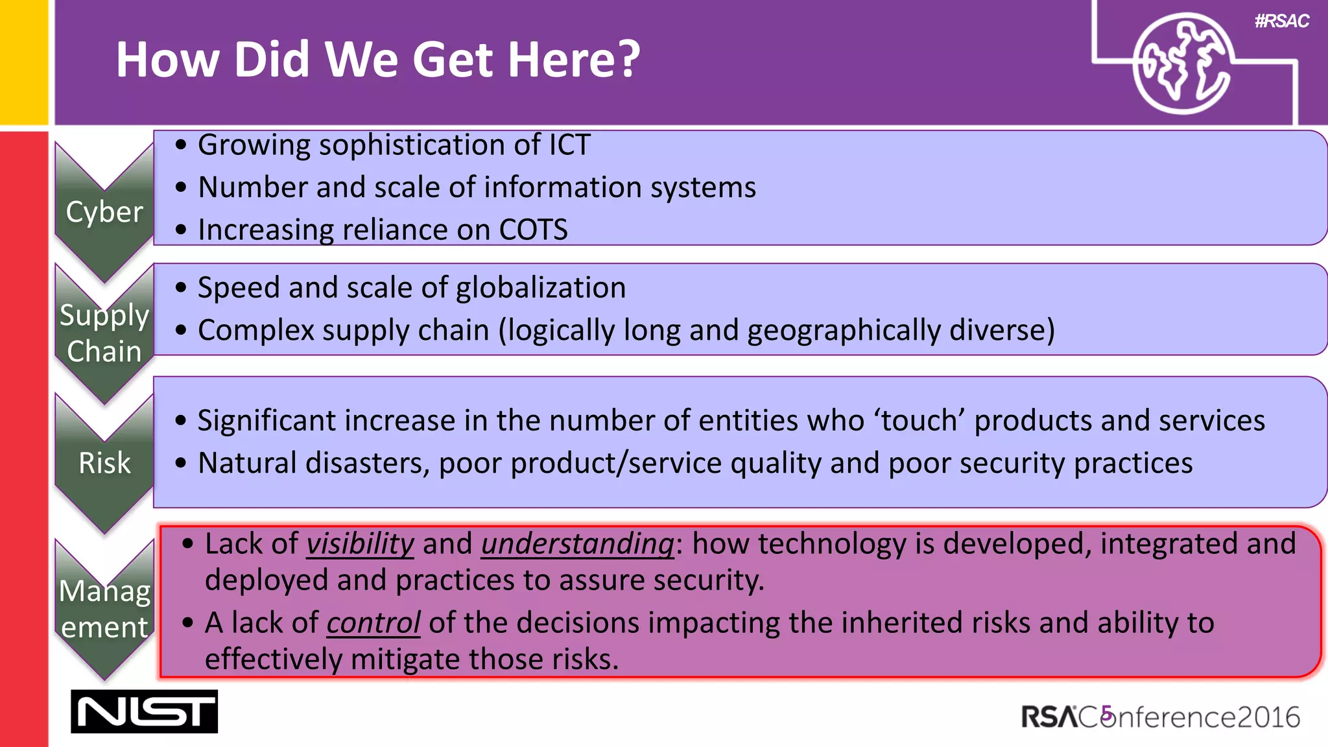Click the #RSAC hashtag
click(x=1281, y=21)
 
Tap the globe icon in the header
click(x=1181, y=64)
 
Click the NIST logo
click(x=144, y=711)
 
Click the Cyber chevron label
click(x=104, y=212)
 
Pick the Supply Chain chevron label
click(x=104, y=333)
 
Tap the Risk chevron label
click(x=104, y=463)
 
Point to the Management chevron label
click(x=104, y=609)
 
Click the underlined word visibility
click(x=360, y=543)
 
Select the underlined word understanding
click(x=577, y=543)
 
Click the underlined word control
click(x=373, y=623)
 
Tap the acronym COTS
click(x=533, y=230)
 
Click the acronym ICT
click(x=569, y=145)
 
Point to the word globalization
click(x=541, y=287)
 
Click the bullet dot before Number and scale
click(x=181, y=187)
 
